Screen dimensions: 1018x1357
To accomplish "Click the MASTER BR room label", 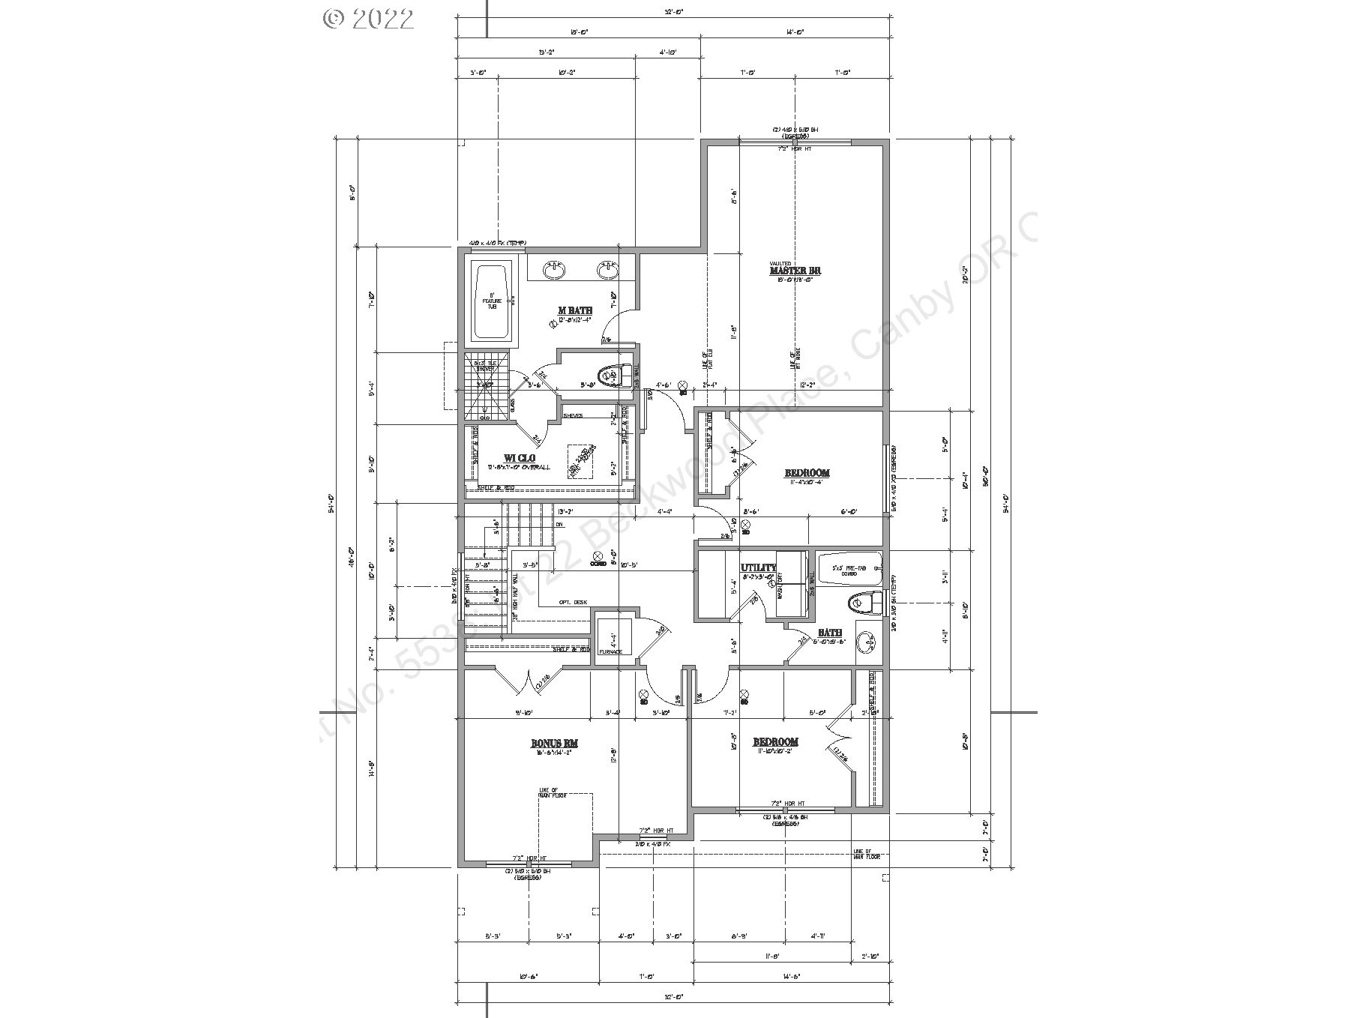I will (795, 271).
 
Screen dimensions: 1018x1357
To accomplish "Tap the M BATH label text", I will (575, 310).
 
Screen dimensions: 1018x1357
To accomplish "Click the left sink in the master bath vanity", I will (555, 270).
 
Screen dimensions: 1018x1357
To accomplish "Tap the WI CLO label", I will (519, 458).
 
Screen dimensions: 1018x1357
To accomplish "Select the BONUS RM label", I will (555, 744).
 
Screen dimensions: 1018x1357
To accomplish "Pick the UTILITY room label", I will (758, 567).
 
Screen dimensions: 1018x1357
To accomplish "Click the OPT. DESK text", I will (572, 603).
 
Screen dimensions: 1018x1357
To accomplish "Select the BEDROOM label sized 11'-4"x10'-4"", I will (807, 473).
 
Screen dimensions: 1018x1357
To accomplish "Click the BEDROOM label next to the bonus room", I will (775, 742).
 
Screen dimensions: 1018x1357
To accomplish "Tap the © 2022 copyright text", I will (368, 19).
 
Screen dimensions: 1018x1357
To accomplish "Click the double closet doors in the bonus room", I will (520, 682).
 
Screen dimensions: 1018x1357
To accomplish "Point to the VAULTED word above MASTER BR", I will (780, 263).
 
